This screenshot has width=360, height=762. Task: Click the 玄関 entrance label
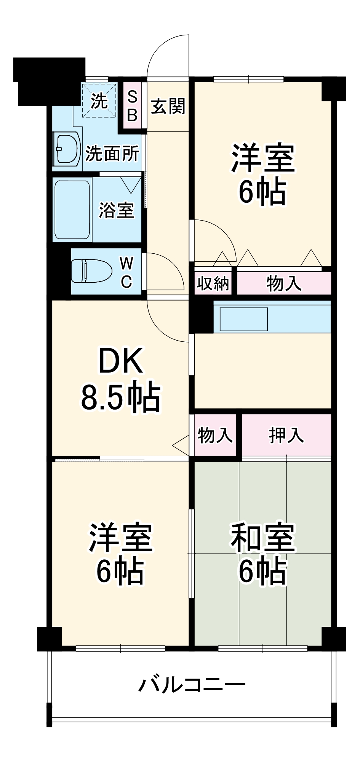click(x=168, y=106)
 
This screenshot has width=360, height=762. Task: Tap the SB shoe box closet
click(x=132, y=106)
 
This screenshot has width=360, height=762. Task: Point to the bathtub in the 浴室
click(x=72, y=209)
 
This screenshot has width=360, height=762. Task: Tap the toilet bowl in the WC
click(x=92, y=271)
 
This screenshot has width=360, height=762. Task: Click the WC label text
click(x=126, y=272)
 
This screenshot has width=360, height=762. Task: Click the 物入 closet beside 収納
click(x=284, y=283)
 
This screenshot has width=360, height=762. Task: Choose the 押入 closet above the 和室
click(x=286, y=435)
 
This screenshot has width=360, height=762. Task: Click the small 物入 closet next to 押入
click(x=215, y=435)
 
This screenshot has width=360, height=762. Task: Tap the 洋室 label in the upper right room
click(x=263, y=157)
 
